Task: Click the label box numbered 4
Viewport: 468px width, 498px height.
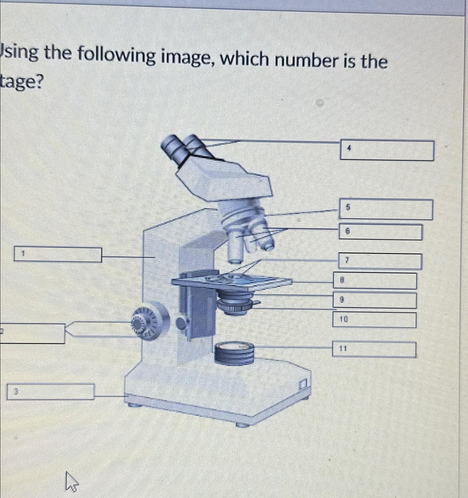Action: point(386,150)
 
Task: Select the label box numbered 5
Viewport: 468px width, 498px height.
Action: point(386,210)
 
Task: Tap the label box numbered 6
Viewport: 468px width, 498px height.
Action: point(381,232)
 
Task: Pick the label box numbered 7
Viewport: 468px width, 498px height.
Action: point(380,261)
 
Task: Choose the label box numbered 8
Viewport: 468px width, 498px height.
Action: point(375,281)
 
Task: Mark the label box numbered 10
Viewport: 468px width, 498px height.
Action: point(374,320)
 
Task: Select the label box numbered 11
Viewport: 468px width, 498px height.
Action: point(374,350)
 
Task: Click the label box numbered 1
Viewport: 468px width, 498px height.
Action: point(58,255)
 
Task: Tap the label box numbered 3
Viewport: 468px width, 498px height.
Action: point(50,391)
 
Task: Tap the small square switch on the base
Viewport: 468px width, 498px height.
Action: point(304,385)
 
